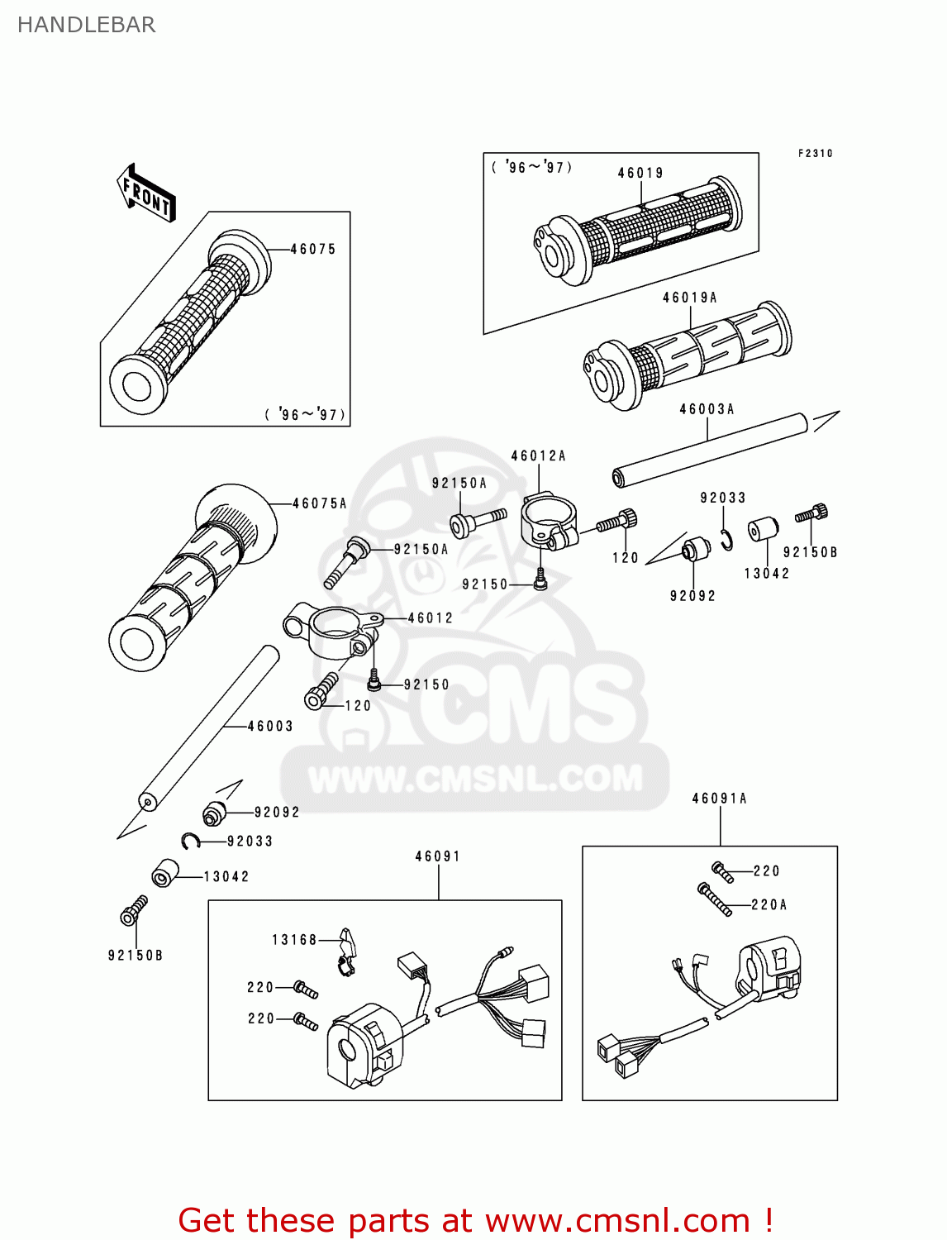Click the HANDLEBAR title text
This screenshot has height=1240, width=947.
click(86, 25)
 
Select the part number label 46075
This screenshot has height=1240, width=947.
click(313, 249)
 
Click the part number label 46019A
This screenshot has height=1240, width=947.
click(689, 298)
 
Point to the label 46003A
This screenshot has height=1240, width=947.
click(707, 409)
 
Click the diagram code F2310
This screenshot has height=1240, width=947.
click(815, 153)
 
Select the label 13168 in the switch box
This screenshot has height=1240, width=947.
click(294, 940)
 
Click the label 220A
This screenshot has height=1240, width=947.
click(769, 905)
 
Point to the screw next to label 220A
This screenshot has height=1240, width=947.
click(715, 899)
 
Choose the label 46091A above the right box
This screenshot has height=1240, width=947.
click(719, 799)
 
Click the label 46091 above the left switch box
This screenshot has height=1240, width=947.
click(437, 856)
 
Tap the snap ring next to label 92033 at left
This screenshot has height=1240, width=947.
click(192, 842)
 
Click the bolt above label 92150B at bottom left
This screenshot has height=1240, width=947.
click(134, 911)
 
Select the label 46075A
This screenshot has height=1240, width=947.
click(319, 503)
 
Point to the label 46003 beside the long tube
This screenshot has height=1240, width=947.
click(270, 726)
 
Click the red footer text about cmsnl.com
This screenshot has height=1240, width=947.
click(475, 1220)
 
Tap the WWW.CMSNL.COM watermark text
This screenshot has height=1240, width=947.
click(475, 779)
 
